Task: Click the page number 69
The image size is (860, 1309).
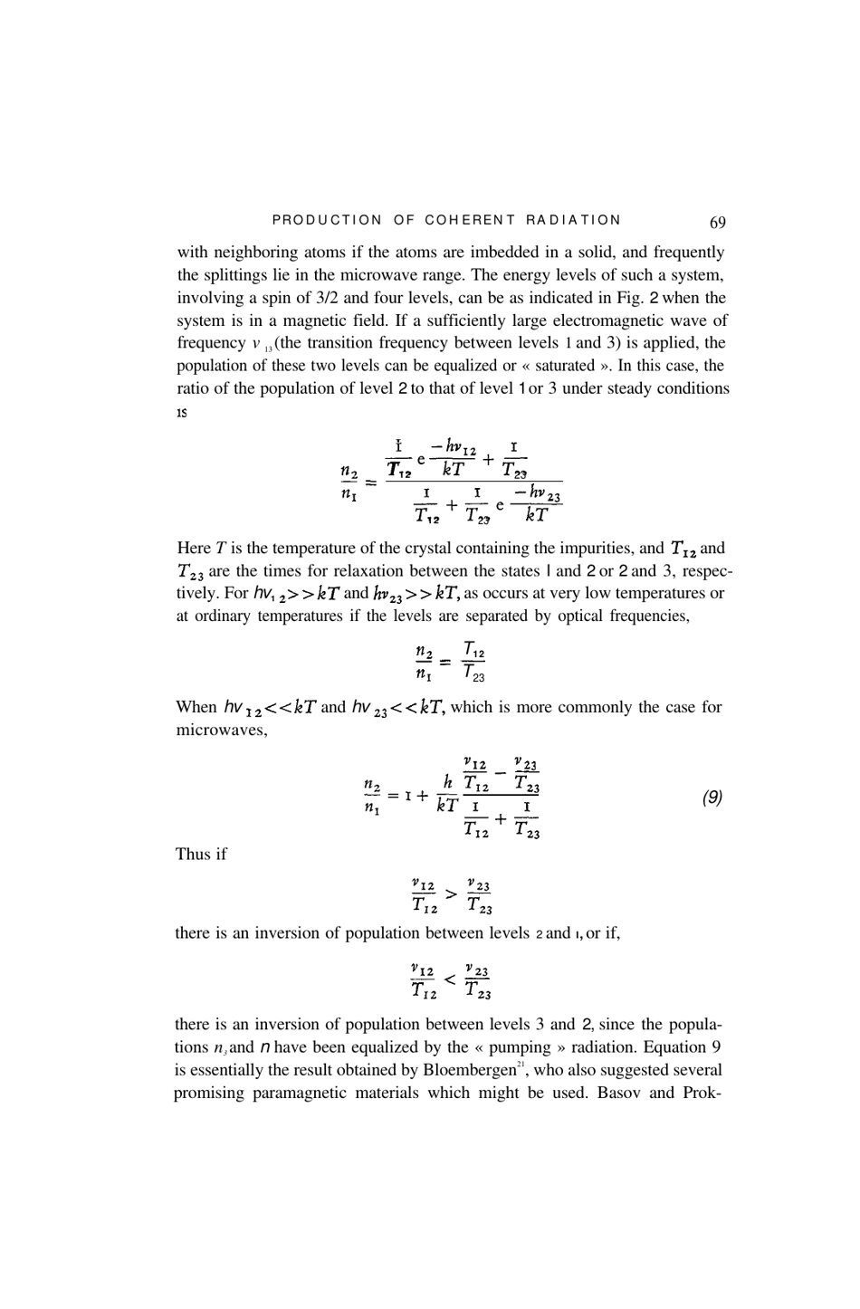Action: (x=717, y=222)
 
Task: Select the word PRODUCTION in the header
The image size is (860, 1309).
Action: (x=327, y=220)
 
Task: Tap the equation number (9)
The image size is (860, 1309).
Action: (x=712, y=798)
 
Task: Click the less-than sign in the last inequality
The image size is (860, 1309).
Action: (x=450, y=981)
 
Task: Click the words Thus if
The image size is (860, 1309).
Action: (x=200, y=855)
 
